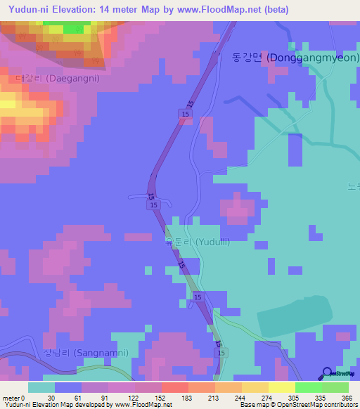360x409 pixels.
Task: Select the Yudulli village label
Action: [196, 242]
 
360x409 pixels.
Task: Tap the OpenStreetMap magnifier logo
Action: [328, 374]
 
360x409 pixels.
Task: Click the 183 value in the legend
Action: [187, 398]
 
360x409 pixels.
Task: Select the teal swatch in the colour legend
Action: [41, 387]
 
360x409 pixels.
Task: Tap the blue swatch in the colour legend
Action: [68, 387]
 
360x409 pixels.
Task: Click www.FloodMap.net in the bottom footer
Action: [143, 405]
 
